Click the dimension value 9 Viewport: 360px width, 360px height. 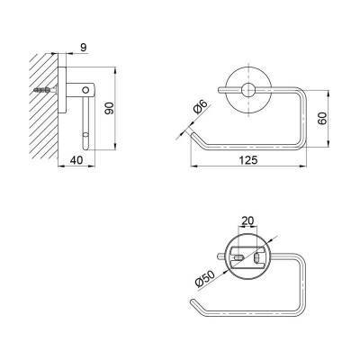(84, 47)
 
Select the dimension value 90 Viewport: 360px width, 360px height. (110, 108)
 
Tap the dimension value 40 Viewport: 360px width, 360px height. (76, 160)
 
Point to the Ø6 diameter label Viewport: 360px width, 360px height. (201, 107)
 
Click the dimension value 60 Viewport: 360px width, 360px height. (322, 119)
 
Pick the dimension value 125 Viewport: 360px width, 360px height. (248, 160)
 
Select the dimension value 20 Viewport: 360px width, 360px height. (247, 220)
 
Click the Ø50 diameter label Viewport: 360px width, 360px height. (205, 279)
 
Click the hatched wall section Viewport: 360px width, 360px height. (43, 106)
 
